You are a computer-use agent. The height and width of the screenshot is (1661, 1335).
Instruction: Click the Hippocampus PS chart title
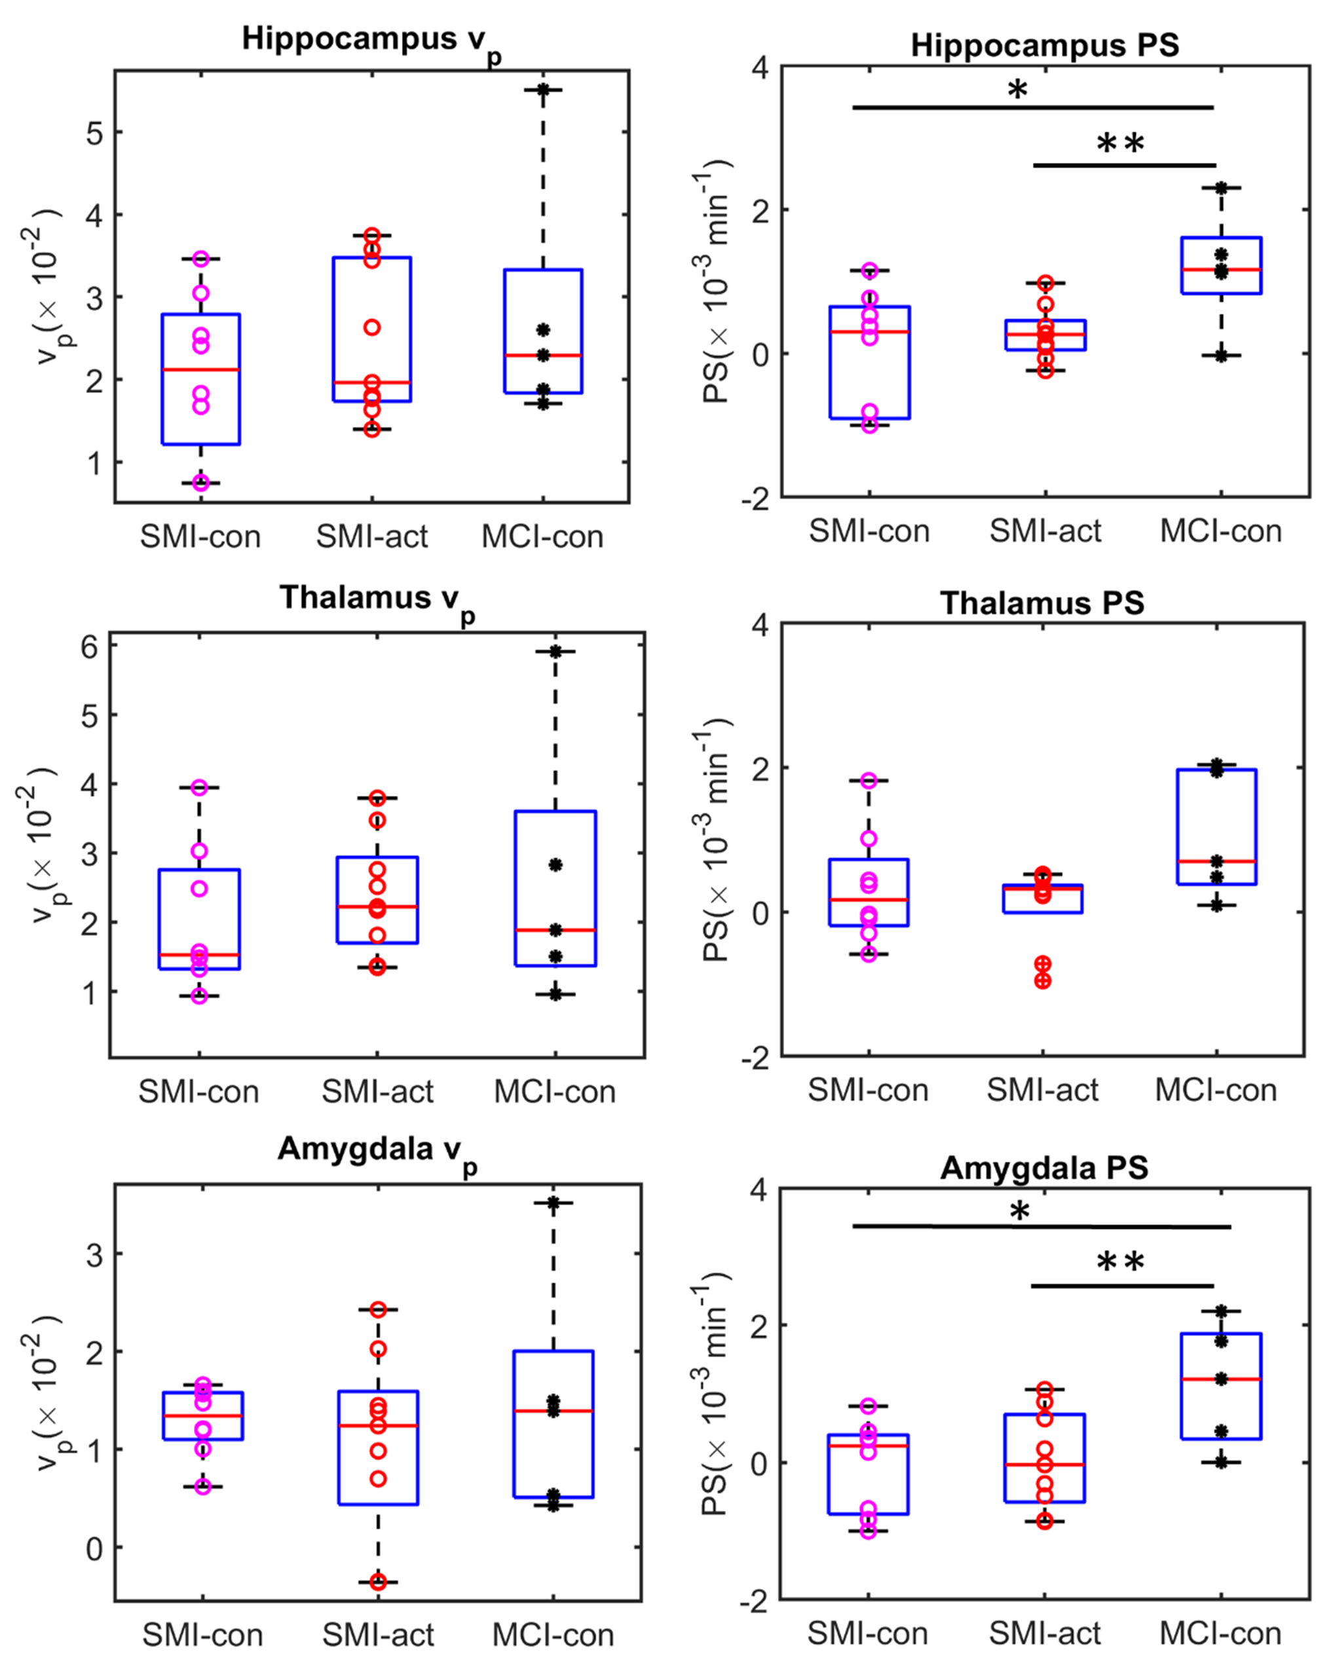coord(1045,45)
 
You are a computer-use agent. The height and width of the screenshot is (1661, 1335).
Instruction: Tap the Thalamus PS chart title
coord(1042,603)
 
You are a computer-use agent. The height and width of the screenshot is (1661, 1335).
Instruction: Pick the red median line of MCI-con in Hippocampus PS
coord(1221,270)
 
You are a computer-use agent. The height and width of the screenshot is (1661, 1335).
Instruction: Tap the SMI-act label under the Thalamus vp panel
coord(377,1092)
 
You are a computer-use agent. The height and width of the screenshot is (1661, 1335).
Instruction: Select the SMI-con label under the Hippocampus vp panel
coord(200,537)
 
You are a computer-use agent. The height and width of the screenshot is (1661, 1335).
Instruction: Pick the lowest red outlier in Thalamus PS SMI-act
coord(1042,980)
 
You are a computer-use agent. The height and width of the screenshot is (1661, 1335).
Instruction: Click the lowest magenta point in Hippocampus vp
coord(200,483)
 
